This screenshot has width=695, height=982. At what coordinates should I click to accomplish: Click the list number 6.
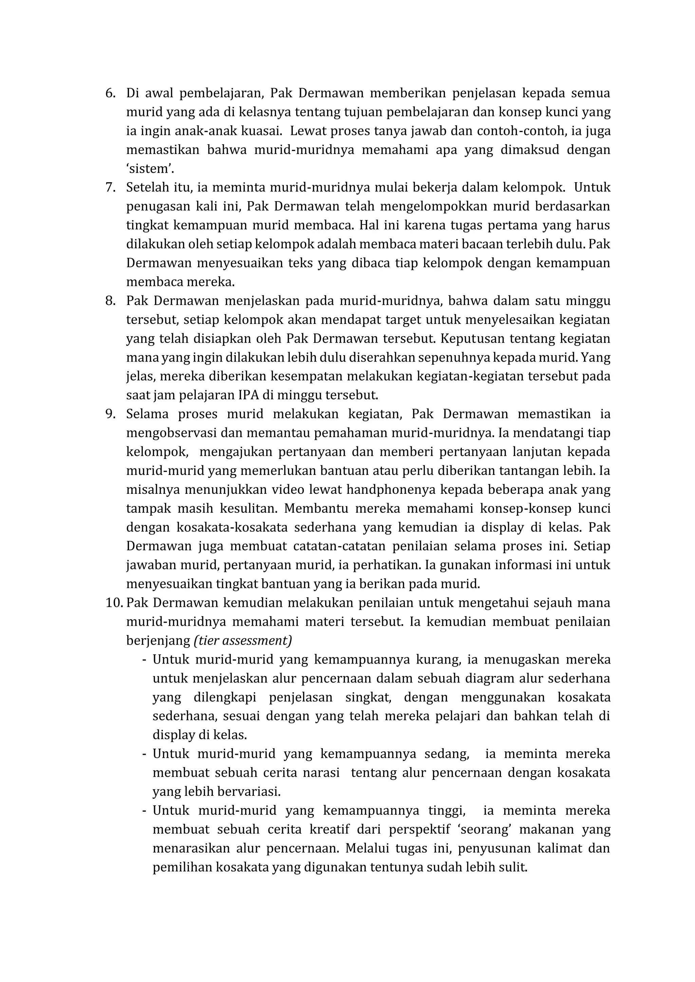110,93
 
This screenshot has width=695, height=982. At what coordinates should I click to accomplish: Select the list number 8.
110,301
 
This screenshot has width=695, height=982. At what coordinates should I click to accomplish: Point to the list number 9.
110,415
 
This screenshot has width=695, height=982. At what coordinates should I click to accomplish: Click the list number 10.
113,603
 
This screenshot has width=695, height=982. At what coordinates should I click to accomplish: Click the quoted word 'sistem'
150,169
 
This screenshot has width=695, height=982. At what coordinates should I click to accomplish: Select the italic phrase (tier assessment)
243,641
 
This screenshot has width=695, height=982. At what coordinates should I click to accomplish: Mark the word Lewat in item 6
305,131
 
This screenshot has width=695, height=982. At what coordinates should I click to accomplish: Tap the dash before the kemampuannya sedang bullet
144,754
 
